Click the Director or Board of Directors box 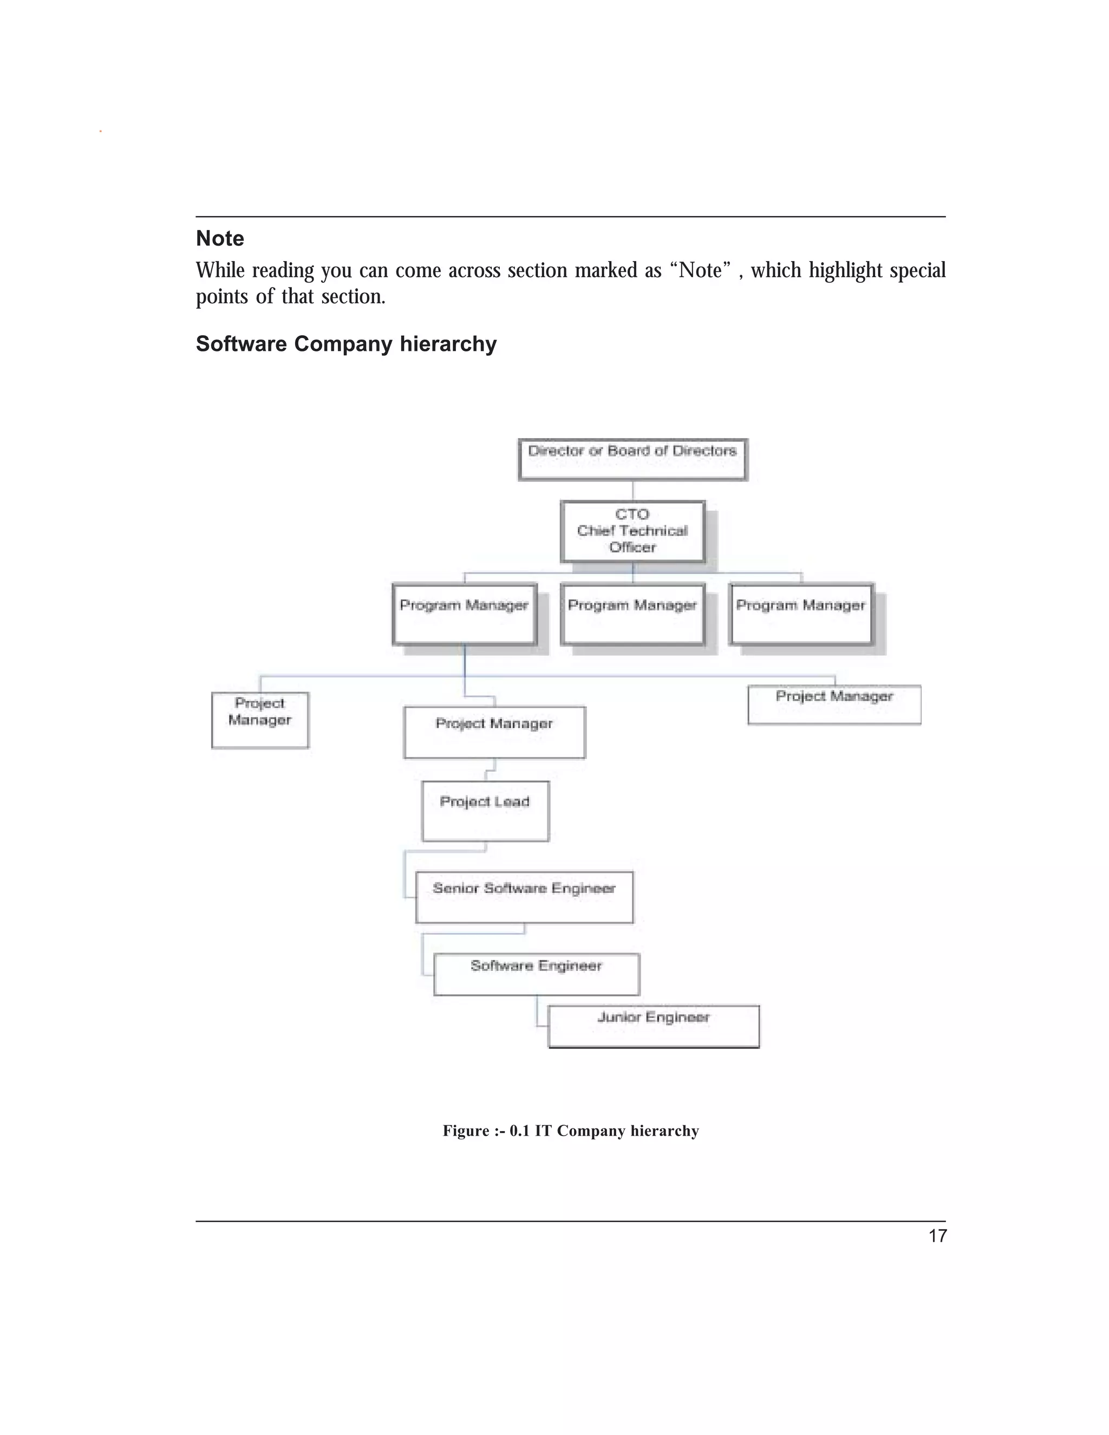pos(632,459)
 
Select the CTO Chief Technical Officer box pos(632,531)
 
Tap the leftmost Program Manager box pos(465,614)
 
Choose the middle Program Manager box pos(632,614)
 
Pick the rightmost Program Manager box pos(801,614)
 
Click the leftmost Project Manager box pos(260,720)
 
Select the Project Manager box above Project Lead pos(495,732)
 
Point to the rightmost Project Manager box pos(834,705)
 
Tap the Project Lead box pos(486,811)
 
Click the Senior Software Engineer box pos(524,897)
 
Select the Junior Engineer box pos(654,1026)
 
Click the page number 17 pos(937,1236)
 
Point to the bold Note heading pos(220,238)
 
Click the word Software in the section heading pos(241,344)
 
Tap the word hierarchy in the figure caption pos(664,1131)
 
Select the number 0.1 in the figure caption pos(519,1131)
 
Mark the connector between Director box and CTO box pos(632,490)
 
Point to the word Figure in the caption pos(466,1131)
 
